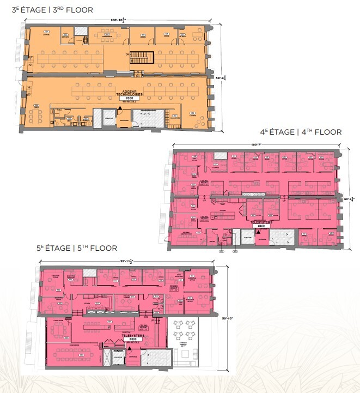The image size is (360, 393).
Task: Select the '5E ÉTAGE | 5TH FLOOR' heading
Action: [77, 248]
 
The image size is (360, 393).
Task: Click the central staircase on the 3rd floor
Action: [142, 57]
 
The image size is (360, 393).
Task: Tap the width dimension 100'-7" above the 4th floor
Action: [256, 144]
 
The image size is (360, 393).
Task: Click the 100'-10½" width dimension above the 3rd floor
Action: [117, 21]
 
